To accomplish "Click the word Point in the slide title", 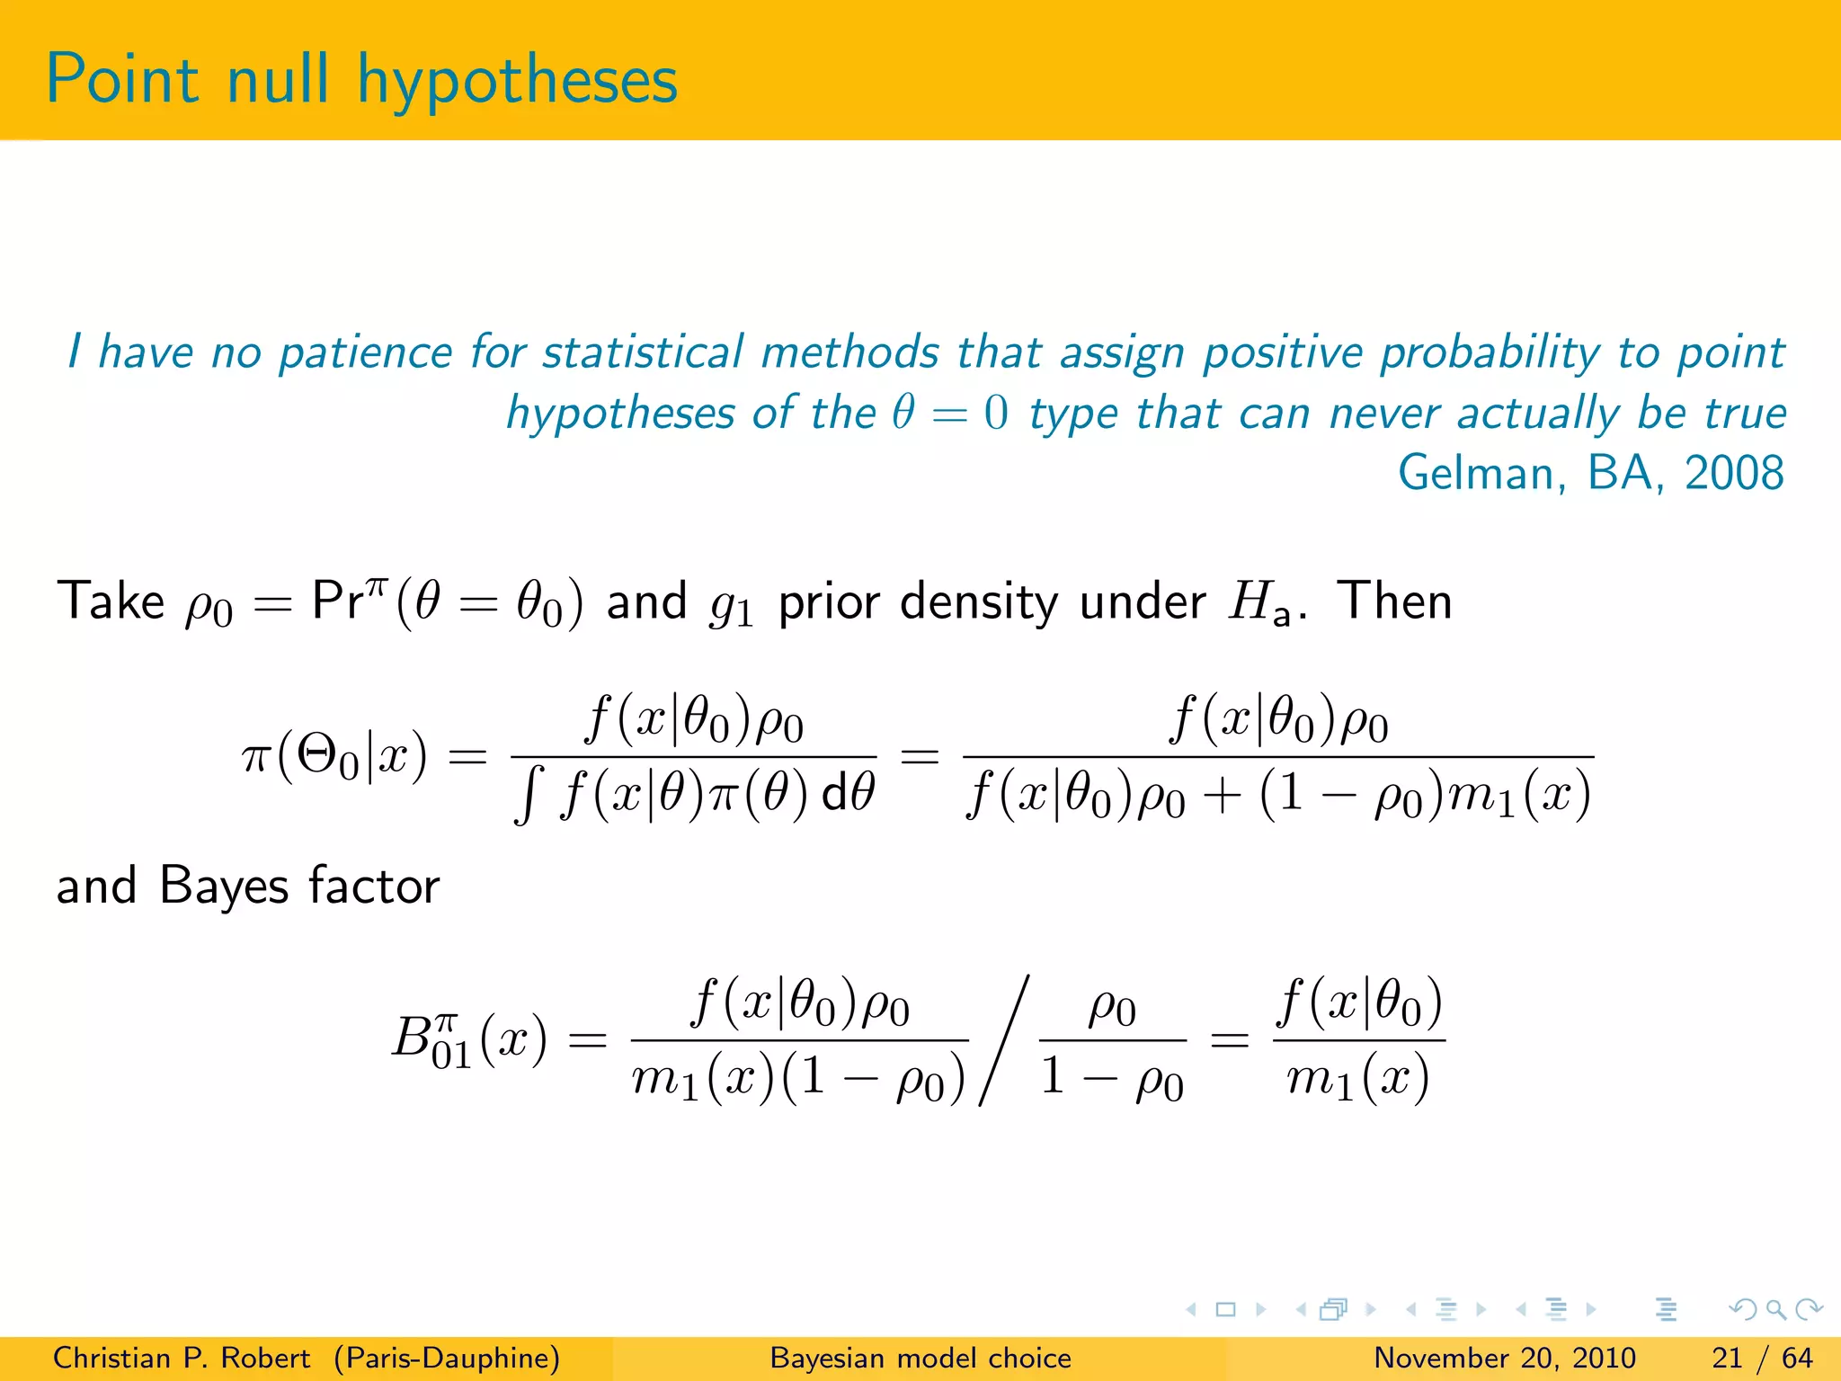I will pos(122,80).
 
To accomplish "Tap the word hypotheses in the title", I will pos(517,82).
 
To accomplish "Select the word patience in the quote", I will pos(365,352).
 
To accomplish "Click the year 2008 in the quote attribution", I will pos(1734,473).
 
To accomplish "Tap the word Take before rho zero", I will pos(111,601).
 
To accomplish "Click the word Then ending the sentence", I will pos(1394,601).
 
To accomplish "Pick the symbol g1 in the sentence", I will pos(731,604).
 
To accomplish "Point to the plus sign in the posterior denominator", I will pos(1222,796).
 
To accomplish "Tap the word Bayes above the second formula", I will pos(224,886).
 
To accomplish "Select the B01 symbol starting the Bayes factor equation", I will pos(432,1040).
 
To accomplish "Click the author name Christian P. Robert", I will pos(181,1358).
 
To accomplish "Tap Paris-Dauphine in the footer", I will pos(447,1358).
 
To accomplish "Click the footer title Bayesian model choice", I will pos(920,1358).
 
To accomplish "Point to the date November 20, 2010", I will pos(1504,1358).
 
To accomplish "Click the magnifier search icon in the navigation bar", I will pos(1775,1309).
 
